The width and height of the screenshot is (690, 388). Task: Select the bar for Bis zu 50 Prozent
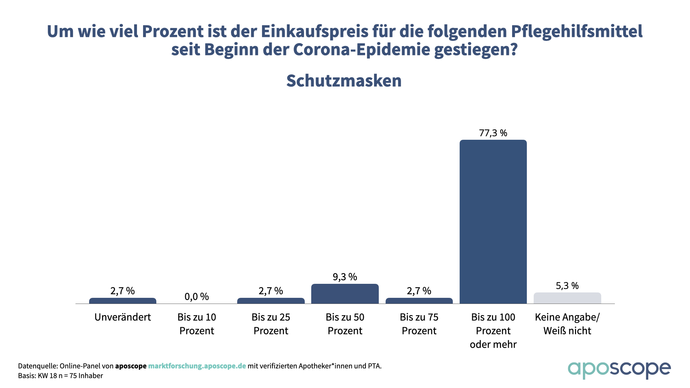point(345,294)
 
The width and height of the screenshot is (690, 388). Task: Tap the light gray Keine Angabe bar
point(567,298)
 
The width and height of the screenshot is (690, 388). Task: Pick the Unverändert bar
point(123,301)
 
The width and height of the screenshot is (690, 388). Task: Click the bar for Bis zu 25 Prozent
point(271,301)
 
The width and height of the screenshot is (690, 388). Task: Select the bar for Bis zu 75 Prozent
point(419,301)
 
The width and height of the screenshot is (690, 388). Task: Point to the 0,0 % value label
point(197,296)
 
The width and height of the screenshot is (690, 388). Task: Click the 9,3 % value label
point(345,277)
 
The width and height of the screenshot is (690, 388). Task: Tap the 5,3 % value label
point(567,286)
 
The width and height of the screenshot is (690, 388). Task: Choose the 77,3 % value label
point(493,133)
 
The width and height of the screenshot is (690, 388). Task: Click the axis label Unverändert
point(123,317)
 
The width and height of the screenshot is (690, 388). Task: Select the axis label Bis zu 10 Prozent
point(197,324)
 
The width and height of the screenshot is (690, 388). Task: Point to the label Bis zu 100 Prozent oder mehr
point(493,331)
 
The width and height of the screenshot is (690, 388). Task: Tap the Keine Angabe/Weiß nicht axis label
point(567,324)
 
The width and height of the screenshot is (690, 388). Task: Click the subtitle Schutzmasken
point(344,81)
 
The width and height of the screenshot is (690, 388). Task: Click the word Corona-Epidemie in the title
point(361,50)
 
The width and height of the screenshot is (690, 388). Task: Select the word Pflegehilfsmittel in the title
point(576,32)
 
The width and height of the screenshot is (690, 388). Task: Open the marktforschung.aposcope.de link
point(197,366)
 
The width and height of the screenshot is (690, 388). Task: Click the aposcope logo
point(619,369)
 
